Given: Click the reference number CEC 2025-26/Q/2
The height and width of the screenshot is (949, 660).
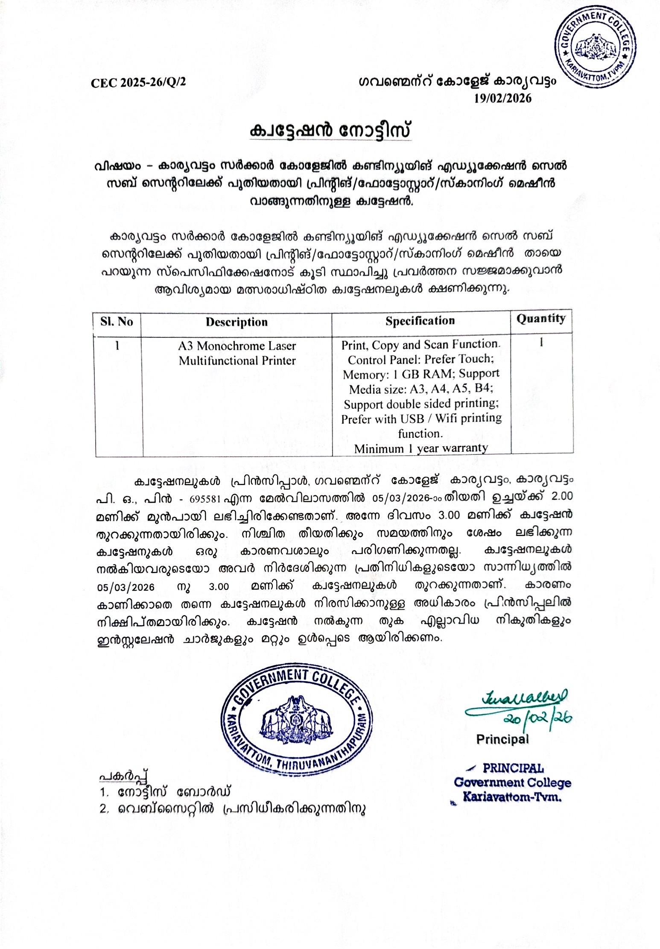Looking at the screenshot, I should pos(139,82).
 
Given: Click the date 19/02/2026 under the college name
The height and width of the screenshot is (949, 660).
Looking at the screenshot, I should pos(503,99).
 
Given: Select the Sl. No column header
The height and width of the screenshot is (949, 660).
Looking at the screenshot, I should pos(117,321).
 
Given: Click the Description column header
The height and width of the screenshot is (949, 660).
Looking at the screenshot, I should pos(237,322).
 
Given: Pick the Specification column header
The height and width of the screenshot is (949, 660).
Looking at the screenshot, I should pos(420,321).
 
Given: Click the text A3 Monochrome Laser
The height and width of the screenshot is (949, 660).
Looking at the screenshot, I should pos(237,345).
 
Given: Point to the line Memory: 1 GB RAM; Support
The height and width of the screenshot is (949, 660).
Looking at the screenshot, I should pos(421,375).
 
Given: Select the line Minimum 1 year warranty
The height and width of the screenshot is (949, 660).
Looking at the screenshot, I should pos(421,448).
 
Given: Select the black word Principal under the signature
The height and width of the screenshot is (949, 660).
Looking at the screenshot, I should pos(502,738).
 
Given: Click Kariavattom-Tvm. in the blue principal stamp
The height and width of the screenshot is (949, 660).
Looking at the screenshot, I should pos(512,796).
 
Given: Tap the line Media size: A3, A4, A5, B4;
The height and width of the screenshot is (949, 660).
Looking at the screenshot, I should pos(421,390).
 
